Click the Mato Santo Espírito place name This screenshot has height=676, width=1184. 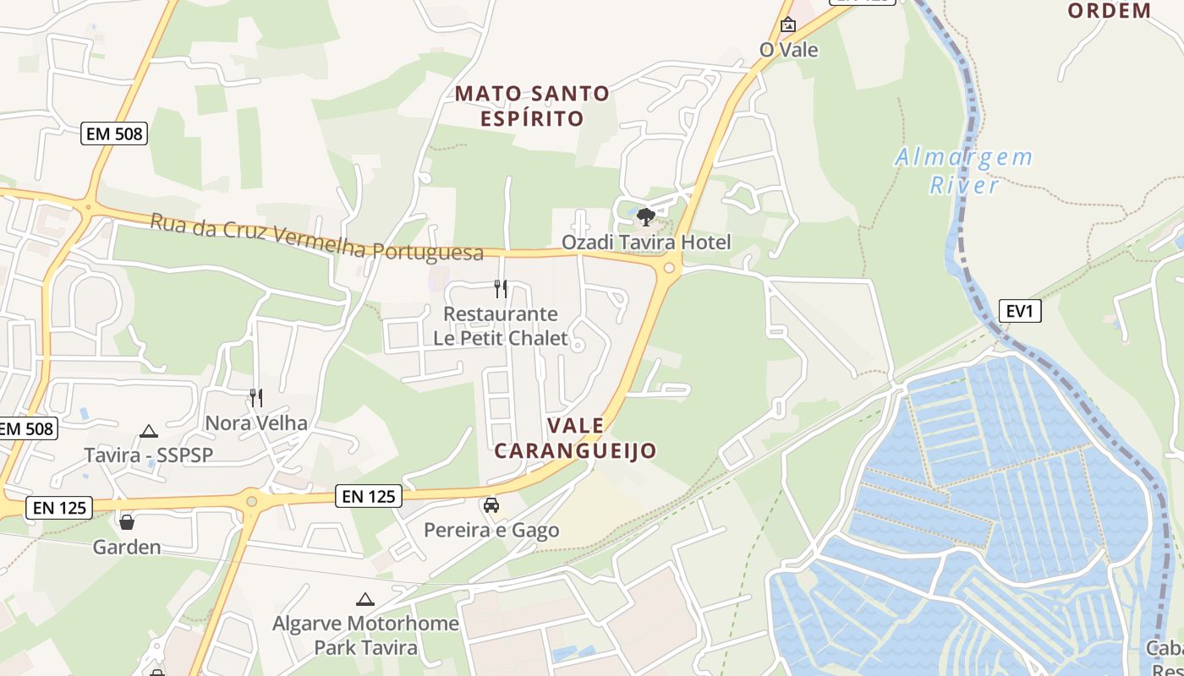click(x=532, y=106)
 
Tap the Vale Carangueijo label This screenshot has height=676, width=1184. click(x=575, y=438)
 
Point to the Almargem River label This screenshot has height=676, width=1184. click(x=964, y=171)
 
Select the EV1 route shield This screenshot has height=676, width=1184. click(x=1019, y=311)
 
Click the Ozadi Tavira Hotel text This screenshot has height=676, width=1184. click(x=646, y=243)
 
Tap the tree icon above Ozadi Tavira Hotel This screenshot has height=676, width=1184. click(x=646, y=217)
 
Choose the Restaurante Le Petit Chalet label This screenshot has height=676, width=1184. click(x=501, y=326)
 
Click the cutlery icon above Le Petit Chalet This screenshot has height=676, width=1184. click(x=501, y=289)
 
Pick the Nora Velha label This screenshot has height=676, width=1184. click(x=256, y=422)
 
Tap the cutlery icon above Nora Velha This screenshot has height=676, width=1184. click(x=255, y=397)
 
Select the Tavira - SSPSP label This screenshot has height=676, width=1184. click(x=149, y=455)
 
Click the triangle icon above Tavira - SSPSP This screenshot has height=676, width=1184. click(x=149, y=431)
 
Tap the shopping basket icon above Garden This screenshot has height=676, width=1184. click(x=127, y=522)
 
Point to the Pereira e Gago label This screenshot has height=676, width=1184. click(x=491, y=531)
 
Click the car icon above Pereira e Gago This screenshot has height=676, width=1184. click(x=491, y=505)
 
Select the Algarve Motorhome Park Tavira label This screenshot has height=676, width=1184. click(x=365, y=635)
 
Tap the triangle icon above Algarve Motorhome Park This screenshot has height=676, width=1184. click(x=365, y=600)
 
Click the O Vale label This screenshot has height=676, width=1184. click(x=789, y=50)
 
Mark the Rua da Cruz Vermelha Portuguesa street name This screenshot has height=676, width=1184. click(x=317, y=237)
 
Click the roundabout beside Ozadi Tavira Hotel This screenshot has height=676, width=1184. click(x=669, y=268)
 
